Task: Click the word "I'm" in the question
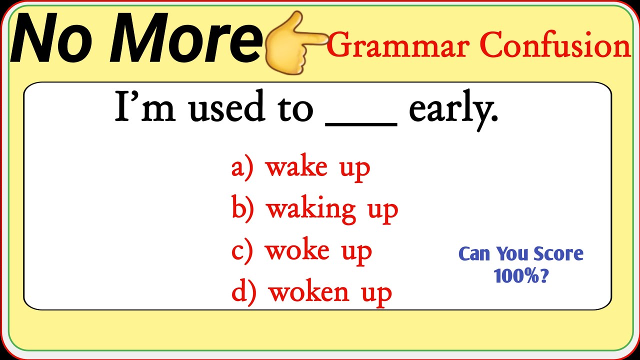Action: (x=145, y=107)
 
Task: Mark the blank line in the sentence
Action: (x=361, y=123)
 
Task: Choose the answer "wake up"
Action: (x=318, y=167)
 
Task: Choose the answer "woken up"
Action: (x=330, y=293)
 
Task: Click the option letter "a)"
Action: (x=242, y=167)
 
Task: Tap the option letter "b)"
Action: (x=243, y=209)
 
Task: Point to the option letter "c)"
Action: (x=242, y=251)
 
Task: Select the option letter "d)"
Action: (x=244, y=292)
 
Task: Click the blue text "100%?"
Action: (x=521, y=275)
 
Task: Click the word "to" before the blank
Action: (x=294, y=108)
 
